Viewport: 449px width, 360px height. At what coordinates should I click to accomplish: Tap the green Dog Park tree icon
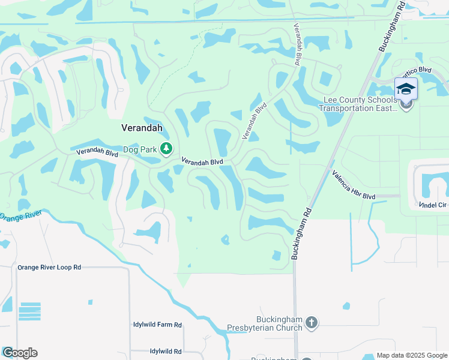pos(167,149)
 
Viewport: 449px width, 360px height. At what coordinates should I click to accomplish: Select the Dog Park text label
pos(140,149)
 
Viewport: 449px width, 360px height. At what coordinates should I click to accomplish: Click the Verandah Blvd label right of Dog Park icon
pos(202,162)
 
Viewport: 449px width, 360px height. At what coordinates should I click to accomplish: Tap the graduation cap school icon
pos(406,89)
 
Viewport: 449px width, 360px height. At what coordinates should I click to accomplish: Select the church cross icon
pos(311,323)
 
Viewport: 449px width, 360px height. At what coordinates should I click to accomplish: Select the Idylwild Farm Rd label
pos(157,325)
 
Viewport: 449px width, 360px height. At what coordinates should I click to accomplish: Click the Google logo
pos(20,353)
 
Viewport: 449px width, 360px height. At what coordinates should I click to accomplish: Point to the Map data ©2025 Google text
pos(412,355)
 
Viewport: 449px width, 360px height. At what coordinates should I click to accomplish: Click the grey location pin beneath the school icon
pos(406,106)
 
